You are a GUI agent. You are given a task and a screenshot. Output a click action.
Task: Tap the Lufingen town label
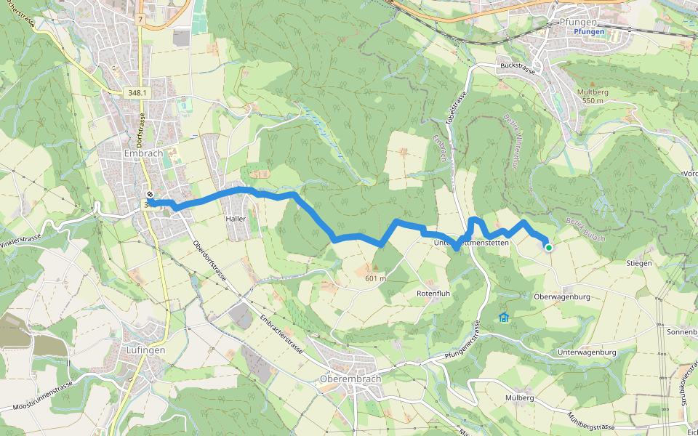click(x=145, y=350)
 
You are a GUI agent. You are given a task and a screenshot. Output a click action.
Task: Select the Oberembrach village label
click(x=350, y=379)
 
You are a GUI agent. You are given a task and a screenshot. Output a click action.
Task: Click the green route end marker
click(x=548, y=248)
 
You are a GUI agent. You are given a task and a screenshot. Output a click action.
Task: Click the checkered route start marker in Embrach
click(x=150, y=195)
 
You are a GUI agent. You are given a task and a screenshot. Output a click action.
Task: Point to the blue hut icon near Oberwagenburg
click(x=503, y=317)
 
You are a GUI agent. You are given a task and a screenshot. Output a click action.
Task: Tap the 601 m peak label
click(x=375, y=278)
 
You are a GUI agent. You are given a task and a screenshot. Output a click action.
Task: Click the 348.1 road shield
click(x=137, y=93)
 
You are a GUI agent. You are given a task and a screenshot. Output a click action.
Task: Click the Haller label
click(x=236, y=219)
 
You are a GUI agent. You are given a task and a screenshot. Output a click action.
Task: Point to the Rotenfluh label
click(x=434, y=293)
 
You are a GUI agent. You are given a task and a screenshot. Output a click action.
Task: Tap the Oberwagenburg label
click(x=561, y=297)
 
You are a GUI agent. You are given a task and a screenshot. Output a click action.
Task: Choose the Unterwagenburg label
click(x=586, y=352)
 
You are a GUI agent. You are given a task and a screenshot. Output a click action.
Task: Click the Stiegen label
click(x=638, y=263)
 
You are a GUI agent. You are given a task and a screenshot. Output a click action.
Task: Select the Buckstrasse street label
click(x=518, y=71)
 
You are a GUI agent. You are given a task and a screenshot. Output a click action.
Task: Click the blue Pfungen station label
click(x=589, y=33)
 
